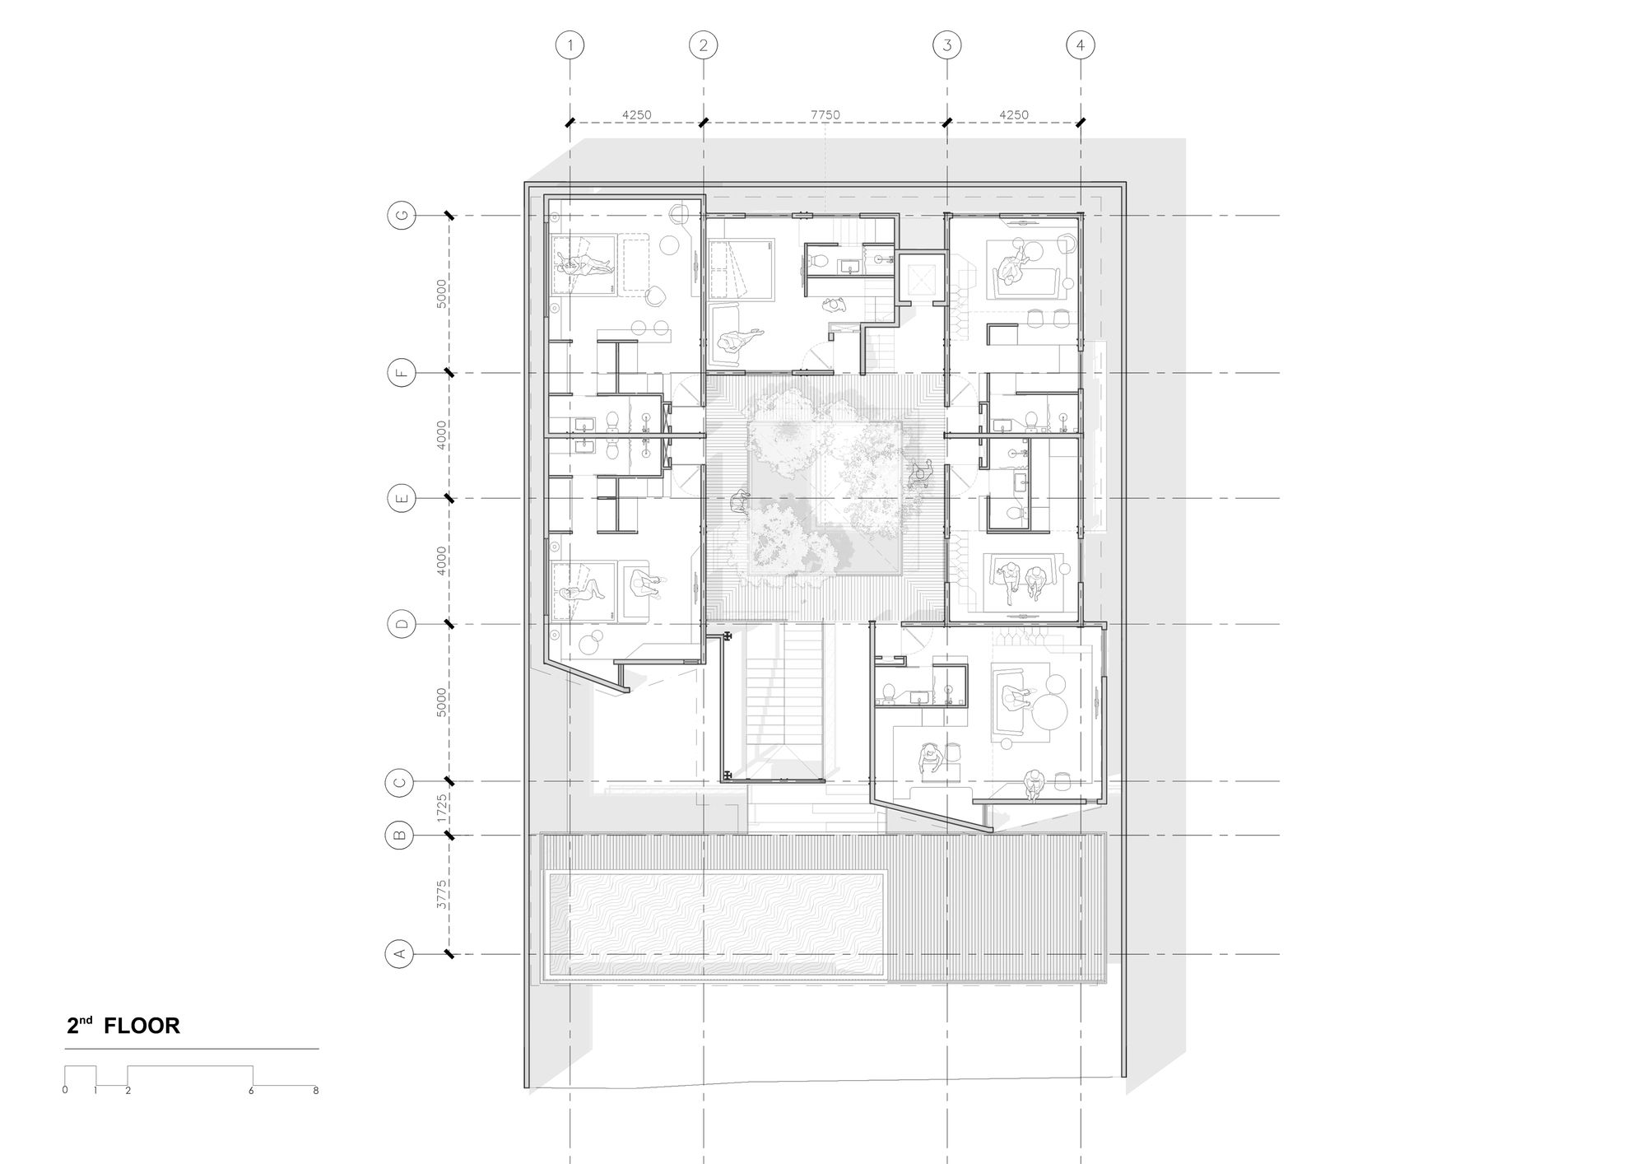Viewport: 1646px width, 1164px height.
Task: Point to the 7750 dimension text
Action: tap(825, 115)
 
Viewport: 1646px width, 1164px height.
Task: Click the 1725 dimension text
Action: tap(442, 808)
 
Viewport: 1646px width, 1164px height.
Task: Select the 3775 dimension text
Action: tap(442, 895)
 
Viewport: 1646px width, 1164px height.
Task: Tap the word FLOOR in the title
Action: tap(142, 1026)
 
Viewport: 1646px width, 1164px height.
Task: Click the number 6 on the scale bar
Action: tap(252, 1092)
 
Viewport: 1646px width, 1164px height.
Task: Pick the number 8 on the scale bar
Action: tap(316, 1092)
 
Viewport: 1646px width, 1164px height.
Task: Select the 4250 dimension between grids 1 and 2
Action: tap(636, 115)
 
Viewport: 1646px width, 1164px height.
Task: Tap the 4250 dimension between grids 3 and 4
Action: tap(1013, 115)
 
